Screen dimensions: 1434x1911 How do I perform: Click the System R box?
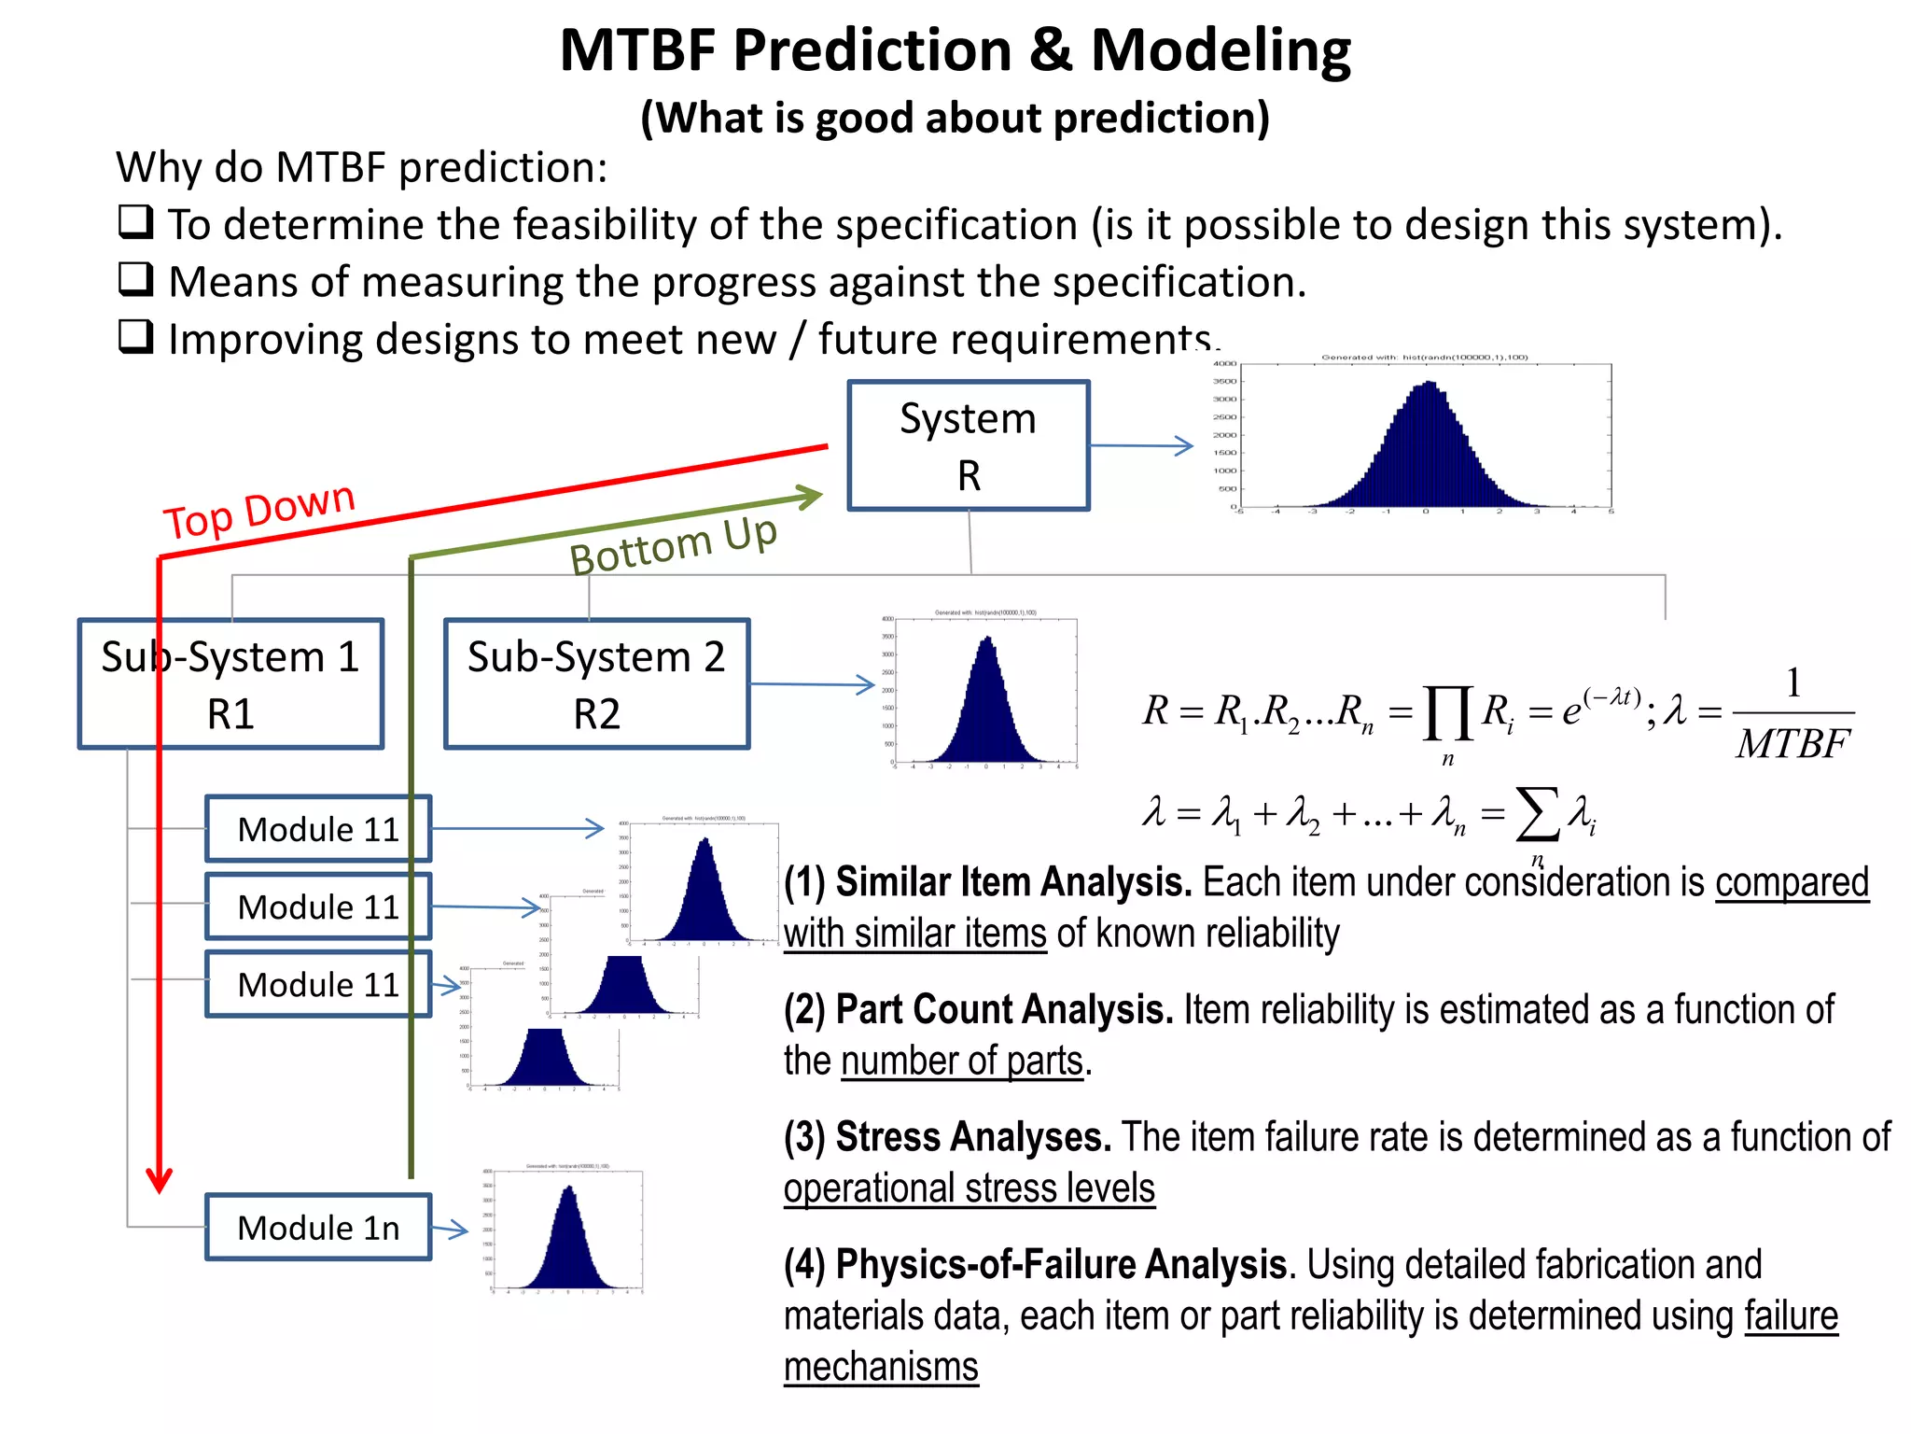click(x=968, y=445)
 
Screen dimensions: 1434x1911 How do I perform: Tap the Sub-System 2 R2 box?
click(x=596, y=684)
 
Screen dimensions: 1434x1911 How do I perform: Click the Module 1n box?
click(x=317, y=1228)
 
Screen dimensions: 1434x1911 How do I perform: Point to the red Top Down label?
click(x=259, y=510)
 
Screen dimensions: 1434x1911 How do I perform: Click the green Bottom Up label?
click(x=673, y=545)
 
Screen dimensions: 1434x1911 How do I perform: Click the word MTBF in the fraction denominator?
click(x=1792, y=745)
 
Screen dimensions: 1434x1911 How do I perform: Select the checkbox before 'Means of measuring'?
click(x=136, y=279)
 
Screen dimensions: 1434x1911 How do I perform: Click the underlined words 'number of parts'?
click(x=962, y=1061)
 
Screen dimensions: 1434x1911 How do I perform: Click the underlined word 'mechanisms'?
click(x=881, y=1368)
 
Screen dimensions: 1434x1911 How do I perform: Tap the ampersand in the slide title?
click(x=1051, y=50)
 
